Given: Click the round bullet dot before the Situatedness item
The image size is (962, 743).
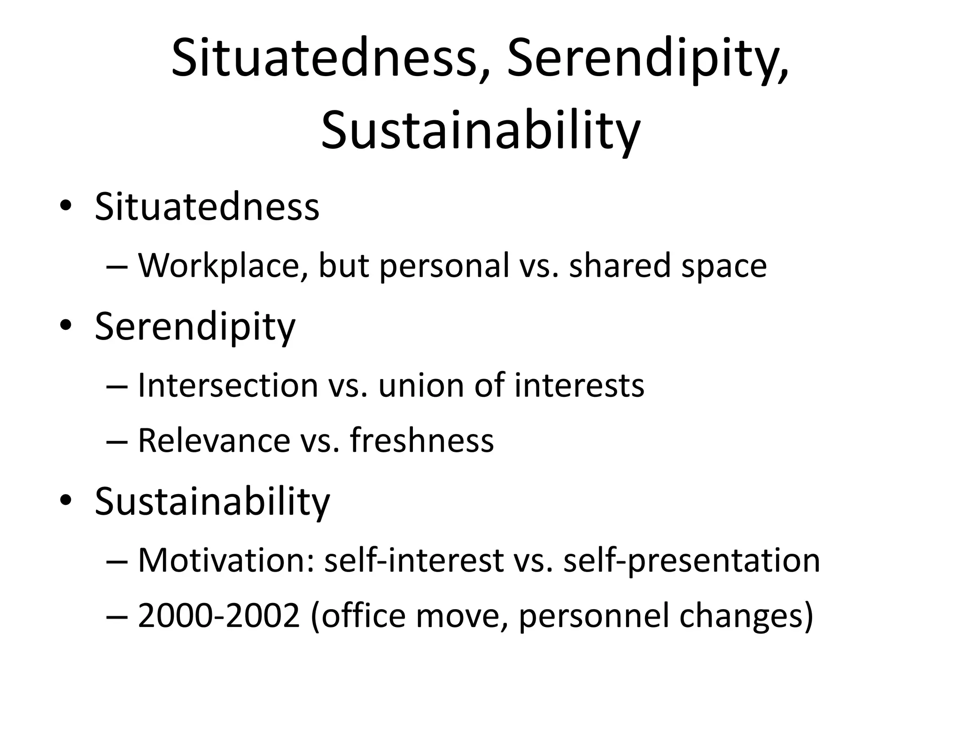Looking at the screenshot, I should point(66,207).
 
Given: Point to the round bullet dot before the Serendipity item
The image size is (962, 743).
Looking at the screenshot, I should point(66,326).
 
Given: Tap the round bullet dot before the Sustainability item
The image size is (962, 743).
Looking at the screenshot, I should point(66,501).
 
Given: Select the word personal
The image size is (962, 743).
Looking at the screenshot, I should point(444,266).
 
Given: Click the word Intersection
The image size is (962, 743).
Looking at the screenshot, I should point(228,385).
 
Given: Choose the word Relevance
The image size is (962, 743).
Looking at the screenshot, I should point(214,441).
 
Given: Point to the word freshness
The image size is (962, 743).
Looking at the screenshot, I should point(422,441).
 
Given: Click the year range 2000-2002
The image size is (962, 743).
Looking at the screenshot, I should point(219,616).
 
